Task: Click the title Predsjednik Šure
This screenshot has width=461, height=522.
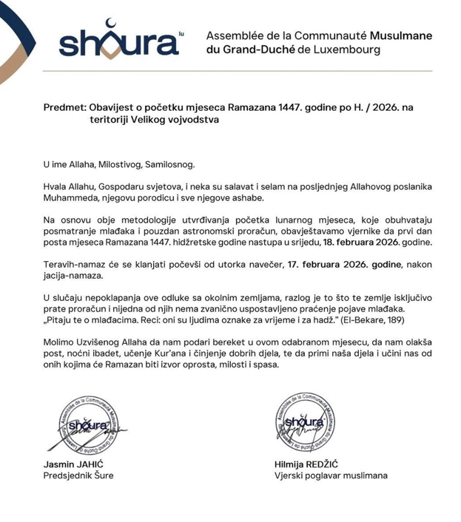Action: click(x=78, y=475)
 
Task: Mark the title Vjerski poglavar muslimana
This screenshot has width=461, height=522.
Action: click(x=330, y=475)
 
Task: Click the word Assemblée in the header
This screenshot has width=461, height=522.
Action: click(x=235, y=35)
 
